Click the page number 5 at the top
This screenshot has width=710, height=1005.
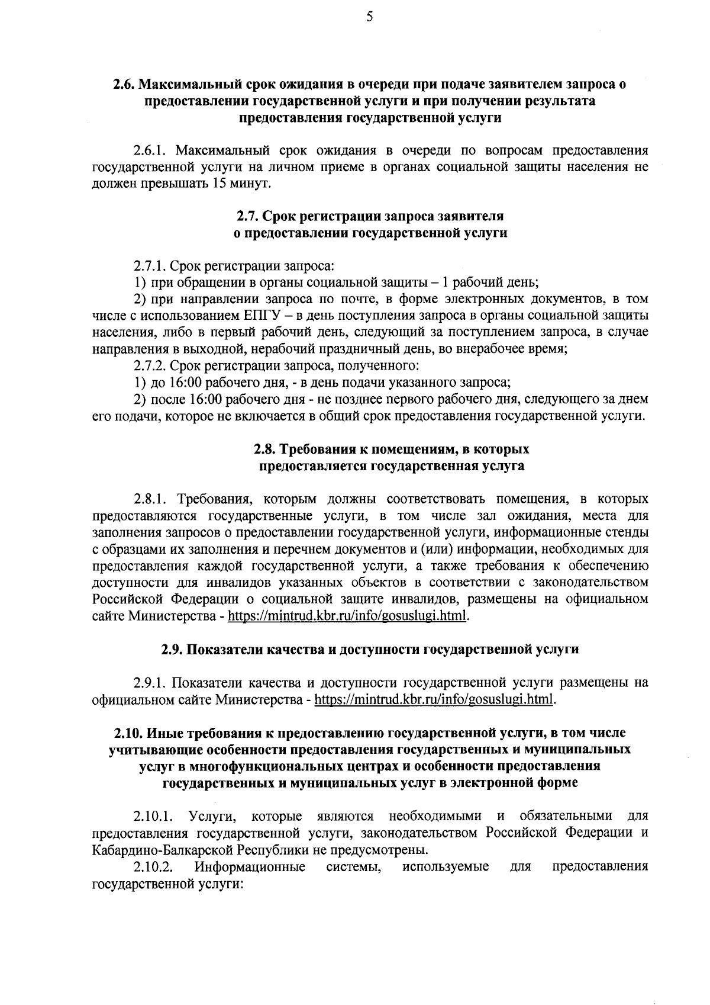[x=369, y=17]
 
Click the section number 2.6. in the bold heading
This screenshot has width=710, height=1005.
[x=125, y=85]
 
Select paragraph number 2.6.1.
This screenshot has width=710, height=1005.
[x=152, y=150]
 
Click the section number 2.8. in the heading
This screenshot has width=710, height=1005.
[x=266, y=449]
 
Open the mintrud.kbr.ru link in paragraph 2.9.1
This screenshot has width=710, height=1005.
[x=435, y=700]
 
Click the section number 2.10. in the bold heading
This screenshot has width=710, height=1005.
[x=128, y=733]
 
